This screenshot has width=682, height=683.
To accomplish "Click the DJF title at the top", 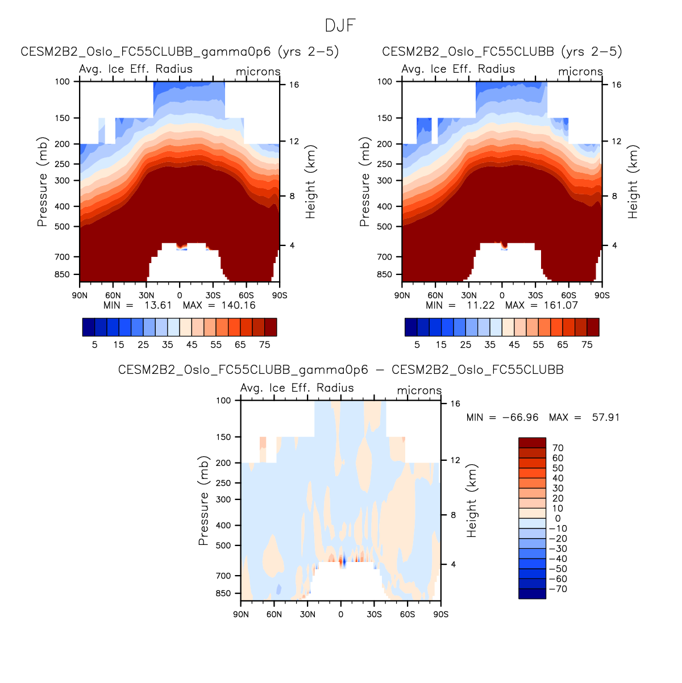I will click(x=340, y=26).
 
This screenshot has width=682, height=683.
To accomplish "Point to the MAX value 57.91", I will click(x=605, y=418).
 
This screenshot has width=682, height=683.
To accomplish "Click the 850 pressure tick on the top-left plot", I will click(x=63, y=275).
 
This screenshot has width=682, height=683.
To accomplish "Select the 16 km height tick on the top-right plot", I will click(x=616, y=85).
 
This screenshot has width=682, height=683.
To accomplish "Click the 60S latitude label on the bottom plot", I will click(x=407, y=615).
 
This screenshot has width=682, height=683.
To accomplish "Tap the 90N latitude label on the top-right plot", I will click(x=402, y=296).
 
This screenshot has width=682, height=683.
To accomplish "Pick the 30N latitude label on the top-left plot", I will click(x=146, y=296).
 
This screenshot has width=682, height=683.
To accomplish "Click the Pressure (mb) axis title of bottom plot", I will click(x=203, y=501).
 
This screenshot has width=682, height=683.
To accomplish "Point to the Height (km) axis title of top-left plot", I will click(x=310, y=182).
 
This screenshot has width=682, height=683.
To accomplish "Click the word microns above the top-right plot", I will click(x=580, y=72).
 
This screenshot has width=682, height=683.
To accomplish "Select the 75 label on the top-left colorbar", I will click(x=264, y=345).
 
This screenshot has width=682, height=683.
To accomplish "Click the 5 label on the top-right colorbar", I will click(x=417, y=345).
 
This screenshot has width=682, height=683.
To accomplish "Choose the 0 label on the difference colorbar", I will click(x=558, y=519).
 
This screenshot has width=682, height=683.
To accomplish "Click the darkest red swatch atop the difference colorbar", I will click(x=532, y=443).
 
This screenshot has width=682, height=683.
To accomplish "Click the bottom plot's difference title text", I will click(x=340, y=370).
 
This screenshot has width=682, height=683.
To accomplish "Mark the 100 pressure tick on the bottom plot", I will click(x=224, y=401).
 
